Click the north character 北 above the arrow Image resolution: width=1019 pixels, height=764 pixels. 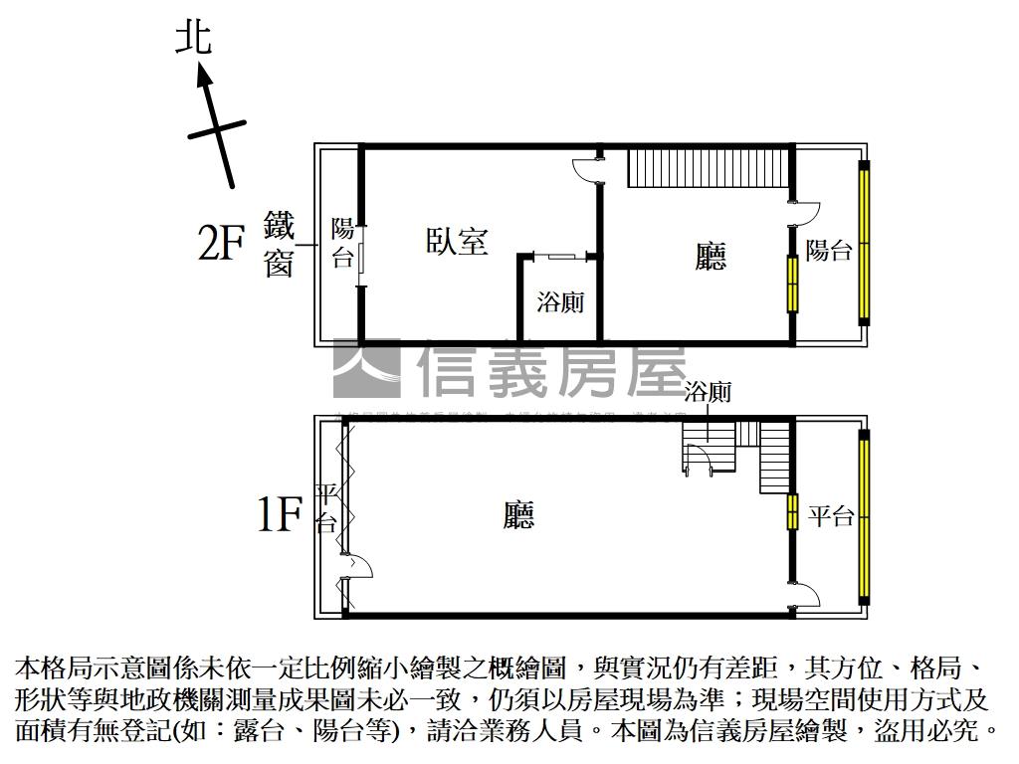[x=193, y=39]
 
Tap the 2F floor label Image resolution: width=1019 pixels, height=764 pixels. [x=221, y=243]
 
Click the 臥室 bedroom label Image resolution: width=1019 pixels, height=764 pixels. [x=457, y=242]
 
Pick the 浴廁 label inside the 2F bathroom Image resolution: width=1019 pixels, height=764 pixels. [x=560, y=302]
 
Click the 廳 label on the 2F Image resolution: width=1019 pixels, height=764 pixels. [x=710, y=256]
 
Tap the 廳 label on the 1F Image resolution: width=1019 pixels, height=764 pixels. [x=518, y=514]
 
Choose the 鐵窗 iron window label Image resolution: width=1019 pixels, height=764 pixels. [x=280, y=246]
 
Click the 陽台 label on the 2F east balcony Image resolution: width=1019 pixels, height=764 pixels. [x=829, y=250]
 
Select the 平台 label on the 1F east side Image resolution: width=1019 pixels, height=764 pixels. [x=830, y=516]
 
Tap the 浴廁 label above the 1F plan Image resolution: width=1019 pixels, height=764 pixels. [x=708, y=392]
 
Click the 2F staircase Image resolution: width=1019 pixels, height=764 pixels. [x=708, y=166]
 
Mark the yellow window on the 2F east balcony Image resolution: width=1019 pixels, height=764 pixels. [x=865, y=244]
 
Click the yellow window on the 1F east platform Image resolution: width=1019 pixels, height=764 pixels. [x=865, y=517]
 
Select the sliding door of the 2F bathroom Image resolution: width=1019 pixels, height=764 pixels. [x=560, y=257]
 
